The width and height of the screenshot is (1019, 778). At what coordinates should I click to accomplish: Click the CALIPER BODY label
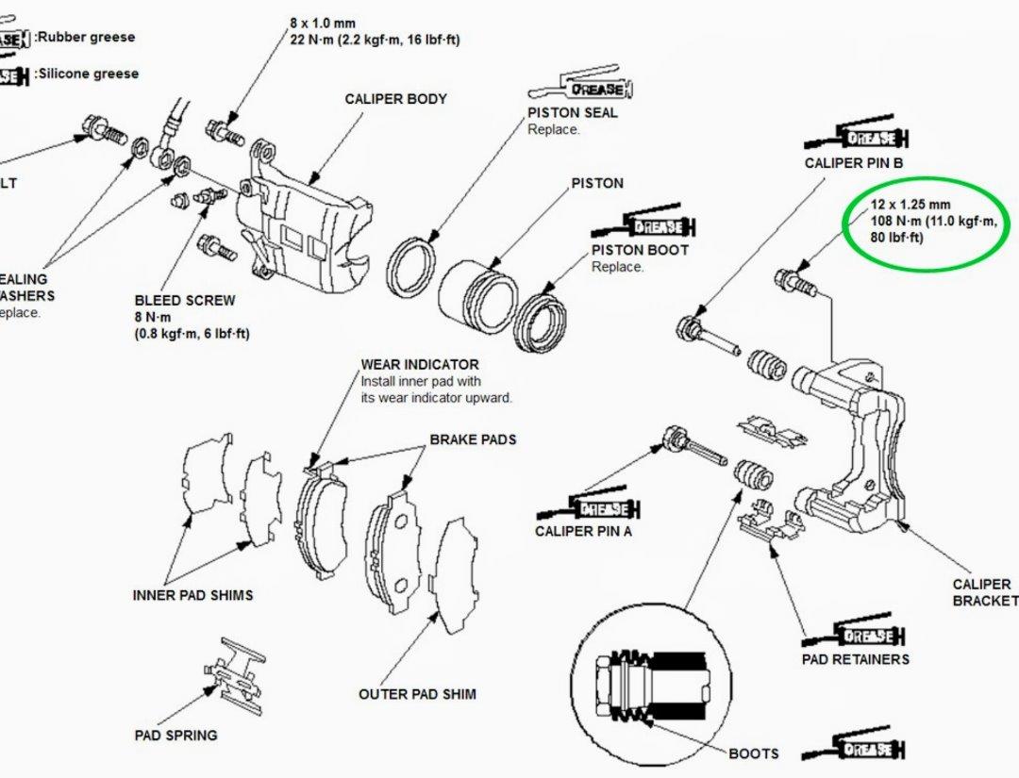point(395,99)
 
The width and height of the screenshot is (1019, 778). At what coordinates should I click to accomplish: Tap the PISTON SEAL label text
point(573,112)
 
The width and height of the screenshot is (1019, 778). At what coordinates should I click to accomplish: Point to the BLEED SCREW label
point(185,301)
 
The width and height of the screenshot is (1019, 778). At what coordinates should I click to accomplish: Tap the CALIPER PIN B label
point(854,163)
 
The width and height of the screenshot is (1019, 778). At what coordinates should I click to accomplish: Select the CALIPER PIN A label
point(583,531)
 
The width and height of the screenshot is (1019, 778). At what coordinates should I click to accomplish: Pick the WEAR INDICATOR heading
point(419,365)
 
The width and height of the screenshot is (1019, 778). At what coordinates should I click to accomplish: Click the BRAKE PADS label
point(473,440)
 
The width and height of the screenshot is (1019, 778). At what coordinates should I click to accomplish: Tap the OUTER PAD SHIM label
point(417,694)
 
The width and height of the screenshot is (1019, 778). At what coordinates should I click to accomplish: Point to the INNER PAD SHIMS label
point(192,595)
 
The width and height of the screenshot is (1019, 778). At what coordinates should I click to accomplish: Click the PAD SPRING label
point(175,735)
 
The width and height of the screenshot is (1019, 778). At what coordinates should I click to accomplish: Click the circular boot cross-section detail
point(651,680)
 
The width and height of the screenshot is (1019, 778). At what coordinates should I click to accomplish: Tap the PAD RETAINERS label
point(856,659)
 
